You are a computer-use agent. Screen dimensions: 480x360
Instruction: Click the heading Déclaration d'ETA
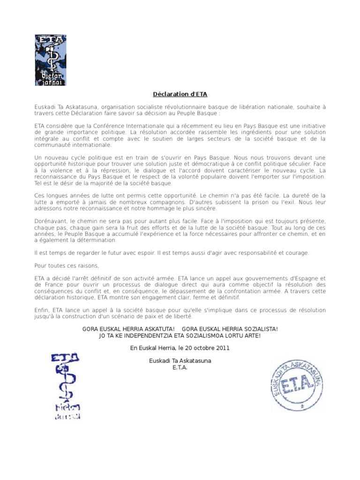180,94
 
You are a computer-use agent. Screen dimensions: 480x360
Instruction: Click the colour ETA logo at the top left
51,60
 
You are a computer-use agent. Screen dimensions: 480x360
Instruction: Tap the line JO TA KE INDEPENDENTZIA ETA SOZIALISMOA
180,336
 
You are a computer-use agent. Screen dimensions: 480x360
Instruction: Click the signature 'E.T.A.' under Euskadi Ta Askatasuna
180,367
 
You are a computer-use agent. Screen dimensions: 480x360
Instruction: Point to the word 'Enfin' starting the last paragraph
42,310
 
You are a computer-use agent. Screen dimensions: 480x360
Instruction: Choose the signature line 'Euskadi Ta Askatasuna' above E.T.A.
180,360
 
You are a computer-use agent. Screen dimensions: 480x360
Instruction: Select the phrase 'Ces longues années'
60,195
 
